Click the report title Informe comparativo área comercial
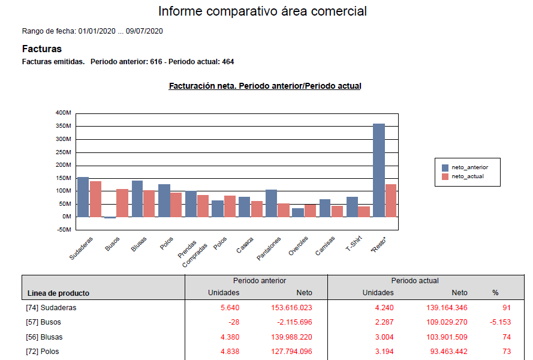point(263,11)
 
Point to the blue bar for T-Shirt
point(352,206)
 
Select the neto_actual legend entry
point(467,176)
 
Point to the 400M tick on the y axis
point(63,113)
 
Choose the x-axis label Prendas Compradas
point(192,251)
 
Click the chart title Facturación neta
point(265,86)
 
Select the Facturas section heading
point(42,49)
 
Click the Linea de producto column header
point(58,293)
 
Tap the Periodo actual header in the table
point(415,281)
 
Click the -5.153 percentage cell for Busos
point(499,322)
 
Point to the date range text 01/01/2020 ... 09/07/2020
point(121,31)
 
